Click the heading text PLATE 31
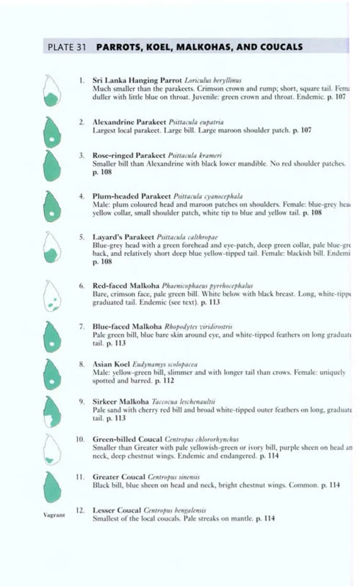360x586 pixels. (67, 47)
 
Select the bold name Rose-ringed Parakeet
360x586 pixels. (129, 157)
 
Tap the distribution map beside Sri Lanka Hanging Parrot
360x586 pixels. (51, 91)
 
